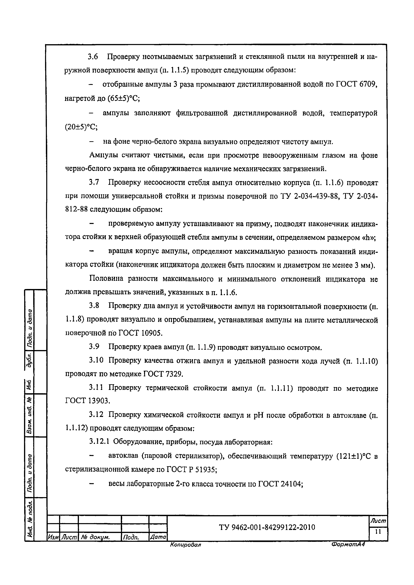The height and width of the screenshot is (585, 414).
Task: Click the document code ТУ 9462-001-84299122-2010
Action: click(267, 527)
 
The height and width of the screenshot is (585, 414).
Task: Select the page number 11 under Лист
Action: click(378, 531)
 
